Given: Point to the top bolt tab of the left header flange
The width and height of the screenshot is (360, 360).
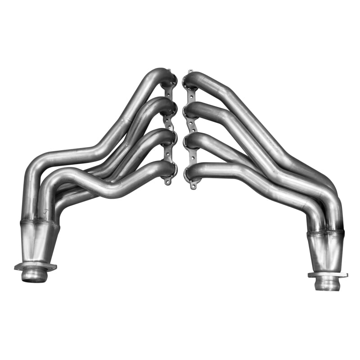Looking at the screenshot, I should [169, 71].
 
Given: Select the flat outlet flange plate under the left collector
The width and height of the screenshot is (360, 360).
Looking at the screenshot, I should [36, 266].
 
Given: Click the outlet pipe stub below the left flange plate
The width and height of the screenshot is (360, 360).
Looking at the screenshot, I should [35, 275].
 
